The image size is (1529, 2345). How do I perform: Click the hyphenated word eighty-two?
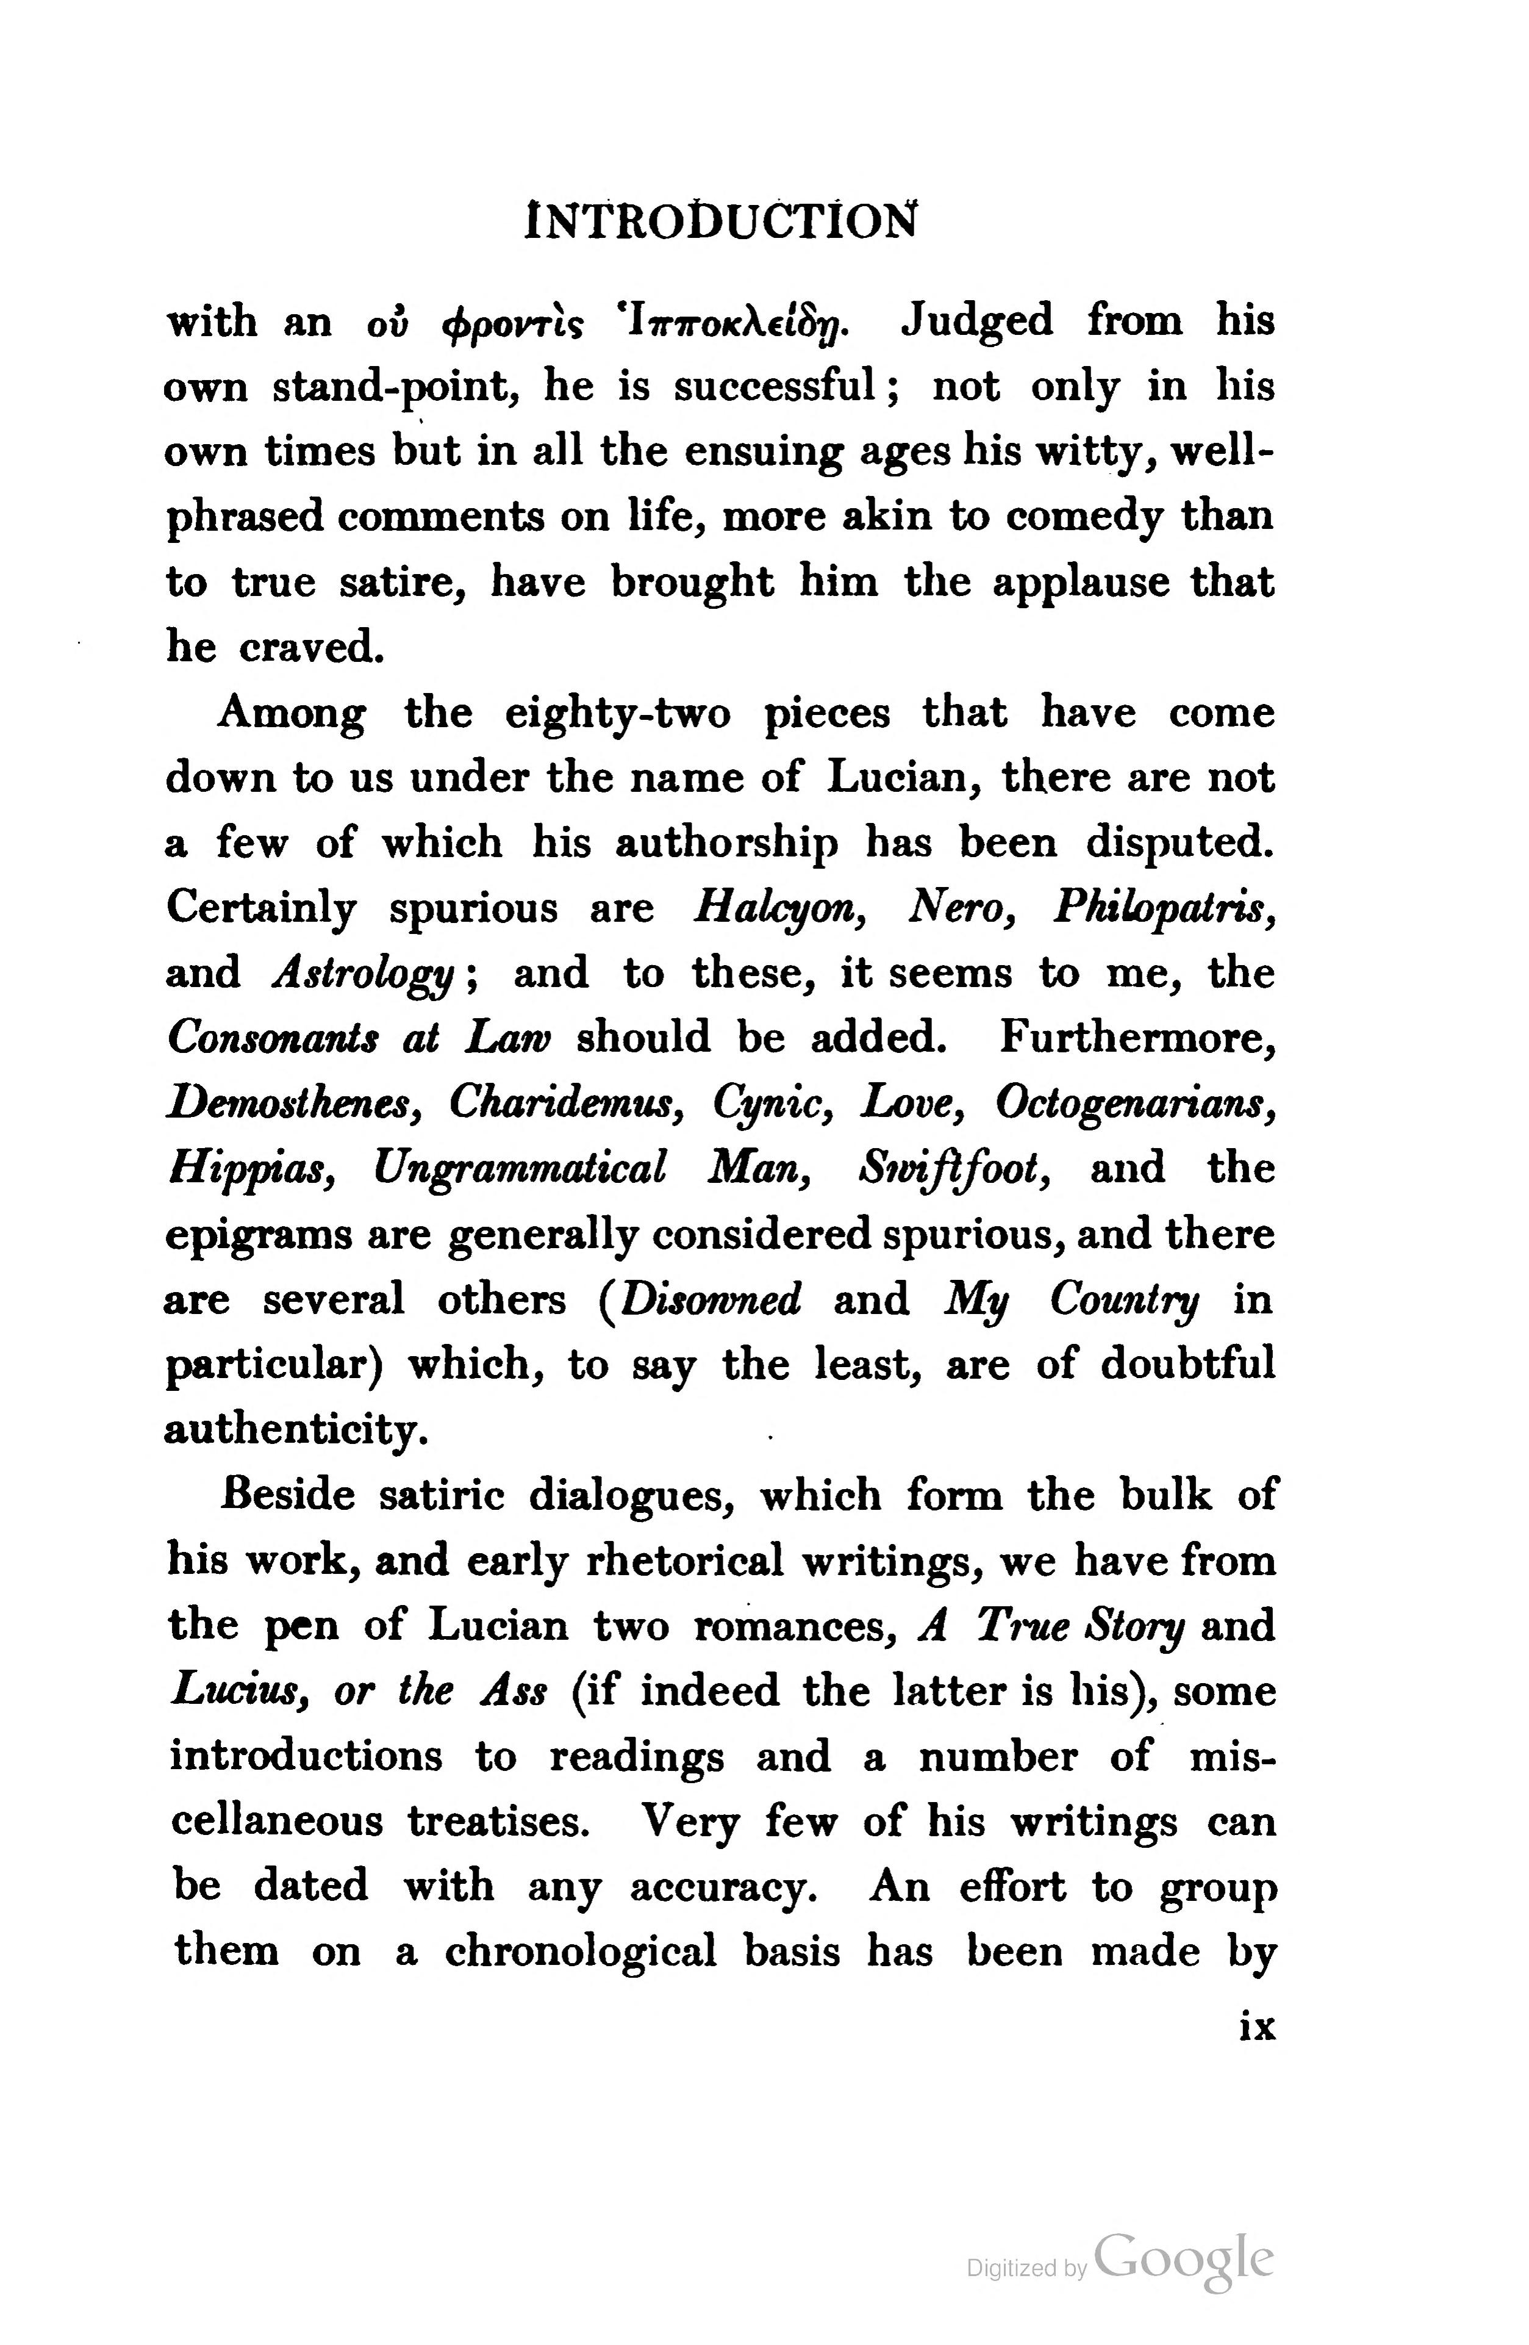point(618,713)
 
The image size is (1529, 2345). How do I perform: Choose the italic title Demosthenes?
point(295,1102)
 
